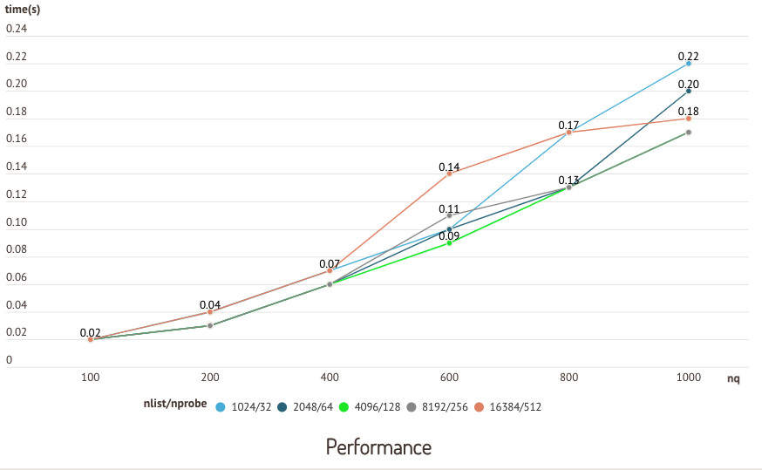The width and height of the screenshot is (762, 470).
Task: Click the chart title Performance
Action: [x=378, y=447]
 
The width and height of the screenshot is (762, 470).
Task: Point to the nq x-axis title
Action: [x=733, y=378]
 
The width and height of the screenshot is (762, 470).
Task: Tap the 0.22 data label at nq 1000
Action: [x=689, y=56]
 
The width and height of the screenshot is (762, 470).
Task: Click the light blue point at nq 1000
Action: [x=689, y=64]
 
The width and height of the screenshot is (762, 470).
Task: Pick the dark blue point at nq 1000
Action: [x=689, y=91]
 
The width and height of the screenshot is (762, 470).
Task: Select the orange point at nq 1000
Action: [x=689, y=119]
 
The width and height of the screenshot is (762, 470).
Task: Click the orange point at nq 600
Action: [x=449, y=174]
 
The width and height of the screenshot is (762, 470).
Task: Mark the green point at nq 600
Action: [x=449, y=242]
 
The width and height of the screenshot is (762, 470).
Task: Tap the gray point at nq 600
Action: [x=449, y=215]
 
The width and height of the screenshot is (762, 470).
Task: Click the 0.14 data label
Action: [x=449, y=166]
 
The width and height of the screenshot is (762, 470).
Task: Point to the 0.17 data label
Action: [x=568, y=125]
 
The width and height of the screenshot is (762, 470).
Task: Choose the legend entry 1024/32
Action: [x=245, y=406]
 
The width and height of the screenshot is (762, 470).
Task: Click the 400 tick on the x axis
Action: [x=330, y=378]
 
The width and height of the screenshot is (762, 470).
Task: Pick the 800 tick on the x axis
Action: [x=568, y=378]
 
